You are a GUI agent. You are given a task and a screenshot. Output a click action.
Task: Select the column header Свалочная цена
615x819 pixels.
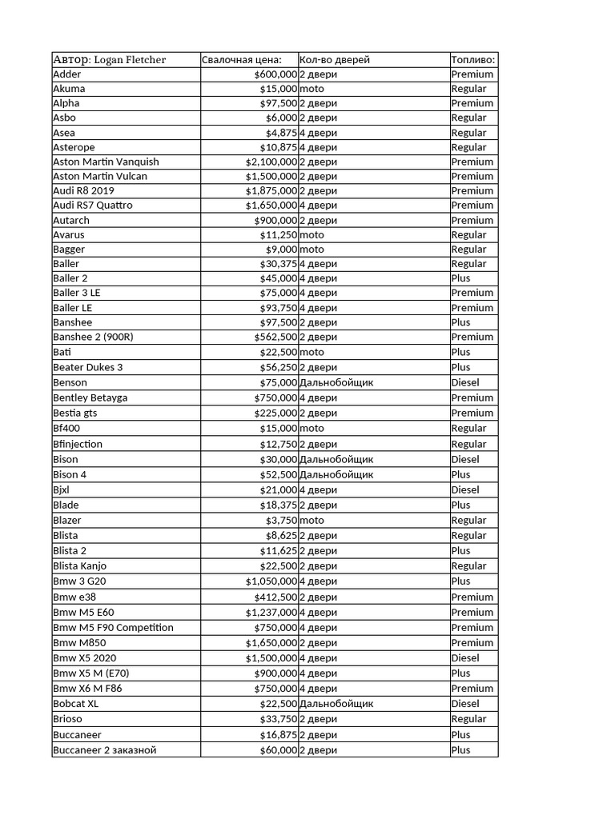242,59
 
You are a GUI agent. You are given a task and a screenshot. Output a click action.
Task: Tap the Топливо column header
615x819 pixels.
473,59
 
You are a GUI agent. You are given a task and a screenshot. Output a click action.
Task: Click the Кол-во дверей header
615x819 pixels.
335,59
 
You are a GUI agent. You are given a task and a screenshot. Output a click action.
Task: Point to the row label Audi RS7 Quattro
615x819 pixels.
93,206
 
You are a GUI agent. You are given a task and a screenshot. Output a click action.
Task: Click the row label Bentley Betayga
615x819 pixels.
90,398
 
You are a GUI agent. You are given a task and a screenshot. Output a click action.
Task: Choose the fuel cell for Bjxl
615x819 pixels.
465,489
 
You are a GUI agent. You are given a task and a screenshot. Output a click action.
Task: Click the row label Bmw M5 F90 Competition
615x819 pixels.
113,627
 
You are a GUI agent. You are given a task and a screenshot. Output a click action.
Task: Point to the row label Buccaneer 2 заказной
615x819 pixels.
105,750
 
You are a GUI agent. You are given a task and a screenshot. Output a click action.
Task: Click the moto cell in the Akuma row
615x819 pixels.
312,89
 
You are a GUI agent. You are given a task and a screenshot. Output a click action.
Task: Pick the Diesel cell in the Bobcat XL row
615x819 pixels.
465,704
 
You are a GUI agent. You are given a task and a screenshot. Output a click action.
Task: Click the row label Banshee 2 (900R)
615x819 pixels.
93,337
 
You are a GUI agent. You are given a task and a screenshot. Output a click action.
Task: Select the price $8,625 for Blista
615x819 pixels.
281,535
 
